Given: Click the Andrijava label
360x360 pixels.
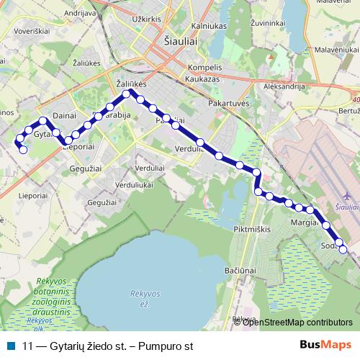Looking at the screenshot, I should coord(80,14).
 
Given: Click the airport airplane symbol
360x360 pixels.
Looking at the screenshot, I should coord(348,195).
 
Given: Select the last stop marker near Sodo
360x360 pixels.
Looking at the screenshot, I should coord(343,250).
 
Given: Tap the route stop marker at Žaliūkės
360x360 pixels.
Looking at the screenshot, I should coord(126,94).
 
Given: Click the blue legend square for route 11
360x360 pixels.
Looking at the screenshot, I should coord(10,346).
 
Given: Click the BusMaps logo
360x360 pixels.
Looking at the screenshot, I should coord(325,346).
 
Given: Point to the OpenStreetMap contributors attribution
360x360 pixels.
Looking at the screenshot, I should coord(297,323).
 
